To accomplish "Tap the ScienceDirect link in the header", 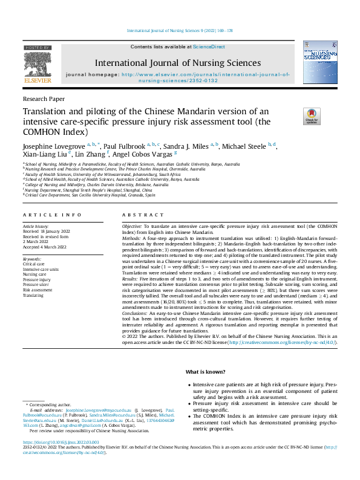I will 209,47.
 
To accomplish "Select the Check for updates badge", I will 311,116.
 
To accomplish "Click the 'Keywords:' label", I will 33,259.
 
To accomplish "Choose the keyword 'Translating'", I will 34,296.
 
